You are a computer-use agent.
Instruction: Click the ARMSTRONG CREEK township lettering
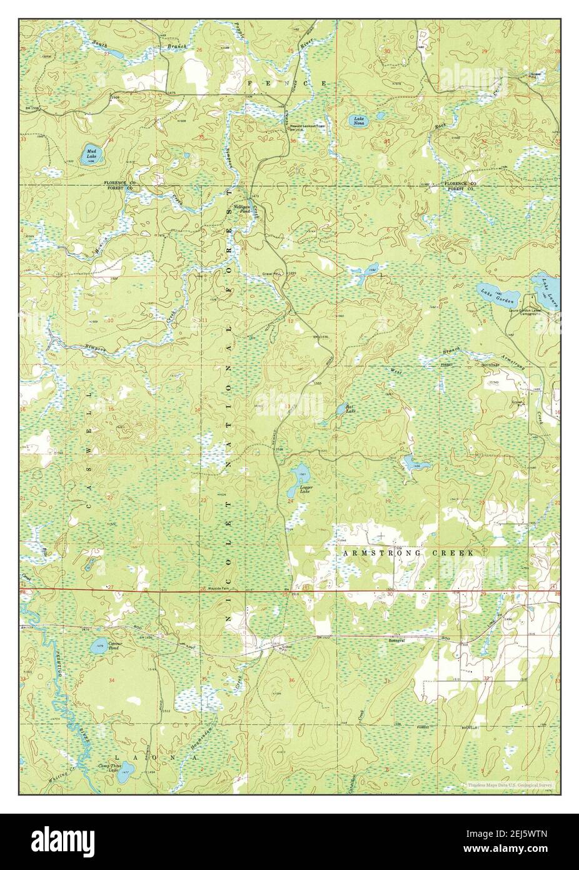[x=409, y=554]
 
